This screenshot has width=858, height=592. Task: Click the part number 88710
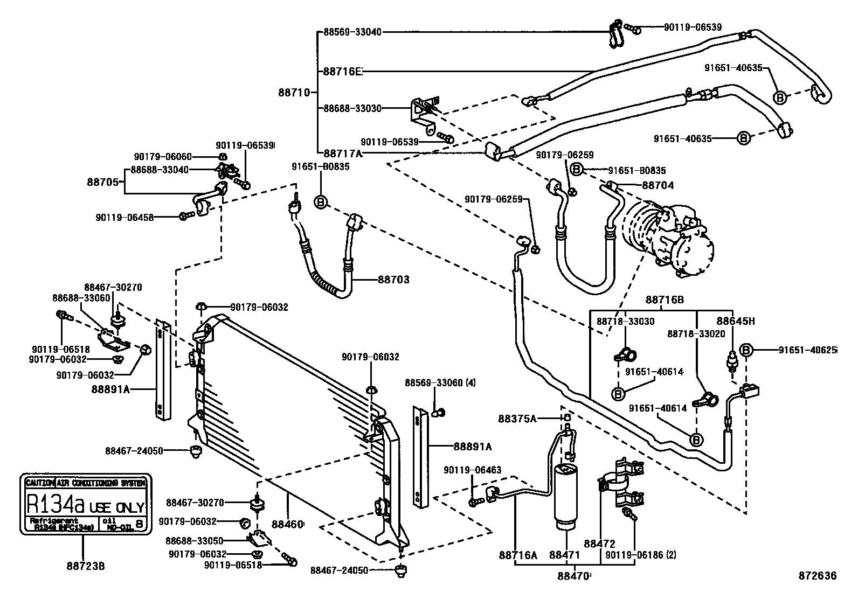coord(294,92)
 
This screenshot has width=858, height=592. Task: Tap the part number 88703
coord(393,280)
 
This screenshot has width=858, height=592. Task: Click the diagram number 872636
coord(818,576)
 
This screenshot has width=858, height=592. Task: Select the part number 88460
coord(287,524)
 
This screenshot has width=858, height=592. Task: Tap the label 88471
coord(564,554)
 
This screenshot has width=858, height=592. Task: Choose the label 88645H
coord(735,322)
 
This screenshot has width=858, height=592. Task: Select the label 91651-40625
coord(807,350)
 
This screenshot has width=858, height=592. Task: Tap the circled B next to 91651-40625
coord(747,350)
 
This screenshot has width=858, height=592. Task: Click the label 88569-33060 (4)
coord(440,383)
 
